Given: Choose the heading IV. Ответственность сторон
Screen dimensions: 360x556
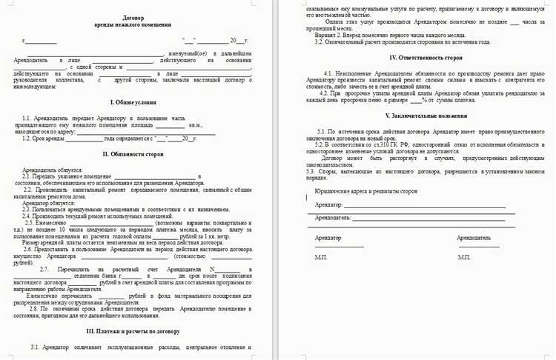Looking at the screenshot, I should click(415, 57).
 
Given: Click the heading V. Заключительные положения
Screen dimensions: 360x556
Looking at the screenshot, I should click(415, 116).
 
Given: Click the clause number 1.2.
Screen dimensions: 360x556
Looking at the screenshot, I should click(27, 137).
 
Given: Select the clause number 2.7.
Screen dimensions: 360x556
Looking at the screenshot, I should click(45, 267).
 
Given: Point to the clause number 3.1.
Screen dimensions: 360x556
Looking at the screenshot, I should click(36, 347).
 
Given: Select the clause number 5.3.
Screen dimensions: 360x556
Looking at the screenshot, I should click(311, 171).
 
